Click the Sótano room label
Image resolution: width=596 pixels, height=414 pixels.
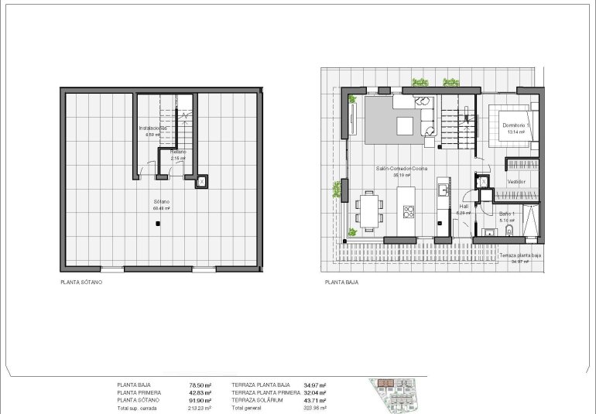tap(162, 201)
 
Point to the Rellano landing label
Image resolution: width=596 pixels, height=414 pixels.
tap(179, 152)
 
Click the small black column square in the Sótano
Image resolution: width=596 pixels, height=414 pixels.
tap(157, 225)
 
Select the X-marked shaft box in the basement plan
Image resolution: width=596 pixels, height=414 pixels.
tap(201, 182)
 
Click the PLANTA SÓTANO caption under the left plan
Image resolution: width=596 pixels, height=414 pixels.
tap(81, 282)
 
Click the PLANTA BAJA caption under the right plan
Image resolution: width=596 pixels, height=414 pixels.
tap(341, 282)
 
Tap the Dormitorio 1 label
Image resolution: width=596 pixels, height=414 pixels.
tap(516, 125)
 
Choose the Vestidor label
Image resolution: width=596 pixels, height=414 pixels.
tap(516, 181)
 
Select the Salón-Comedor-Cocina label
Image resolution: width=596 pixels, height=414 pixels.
tap(400, 169)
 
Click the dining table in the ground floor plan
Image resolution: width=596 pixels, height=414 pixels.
tap(371, 210)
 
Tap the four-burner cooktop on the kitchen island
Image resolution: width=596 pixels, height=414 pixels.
tap(408, 211)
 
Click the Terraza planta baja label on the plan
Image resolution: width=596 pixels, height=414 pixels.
tap(519, 255)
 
